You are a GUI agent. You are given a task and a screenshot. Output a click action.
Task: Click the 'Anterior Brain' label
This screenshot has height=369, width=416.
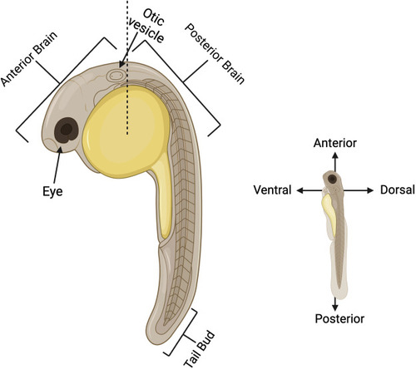coord(29,59)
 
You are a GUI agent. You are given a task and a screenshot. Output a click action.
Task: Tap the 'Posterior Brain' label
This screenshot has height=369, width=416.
coord(215,53)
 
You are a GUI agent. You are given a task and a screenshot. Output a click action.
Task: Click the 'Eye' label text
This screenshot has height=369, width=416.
coord(52,191)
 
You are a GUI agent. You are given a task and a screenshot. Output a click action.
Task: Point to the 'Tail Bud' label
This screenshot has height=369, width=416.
coord(200,350)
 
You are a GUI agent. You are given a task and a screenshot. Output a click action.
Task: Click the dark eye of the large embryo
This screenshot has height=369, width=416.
coord(67,130)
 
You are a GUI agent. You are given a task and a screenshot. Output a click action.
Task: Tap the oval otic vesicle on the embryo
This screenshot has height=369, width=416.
coord(116,75)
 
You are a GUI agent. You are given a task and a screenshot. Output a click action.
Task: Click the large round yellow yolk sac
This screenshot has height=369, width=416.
coord(126,131)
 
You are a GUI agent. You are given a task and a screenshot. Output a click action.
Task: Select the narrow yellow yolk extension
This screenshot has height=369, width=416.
coord(162,199)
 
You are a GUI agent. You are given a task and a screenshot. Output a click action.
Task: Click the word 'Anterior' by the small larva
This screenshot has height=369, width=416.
coord(335,143)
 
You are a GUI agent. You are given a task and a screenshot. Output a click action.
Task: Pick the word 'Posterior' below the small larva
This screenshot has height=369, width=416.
coord(339,318)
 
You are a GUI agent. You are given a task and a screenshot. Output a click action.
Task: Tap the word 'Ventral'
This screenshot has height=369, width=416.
coord(272,190)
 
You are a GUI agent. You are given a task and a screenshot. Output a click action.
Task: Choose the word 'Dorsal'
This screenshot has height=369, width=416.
coord(398,189)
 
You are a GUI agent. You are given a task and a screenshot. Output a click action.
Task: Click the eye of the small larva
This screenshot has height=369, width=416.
coord(332,179)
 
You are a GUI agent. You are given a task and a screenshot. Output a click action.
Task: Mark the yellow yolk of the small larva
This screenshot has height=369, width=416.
coord(329,214)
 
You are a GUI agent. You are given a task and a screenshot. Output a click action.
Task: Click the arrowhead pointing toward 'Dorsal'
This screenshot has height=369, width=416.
coord(370,190)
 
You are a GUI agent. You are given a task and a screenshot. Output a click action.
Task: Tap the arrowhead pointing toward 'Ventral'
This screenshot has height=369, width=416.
coord(300,190)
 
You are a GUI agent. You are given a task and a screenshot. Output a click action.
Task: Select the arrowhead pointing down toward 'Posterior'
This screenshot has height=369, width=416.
coord(335,307)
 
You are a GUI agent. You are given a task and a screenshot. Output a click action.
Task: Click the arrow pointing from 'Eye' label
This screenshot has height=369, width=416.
coord(57,165)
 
